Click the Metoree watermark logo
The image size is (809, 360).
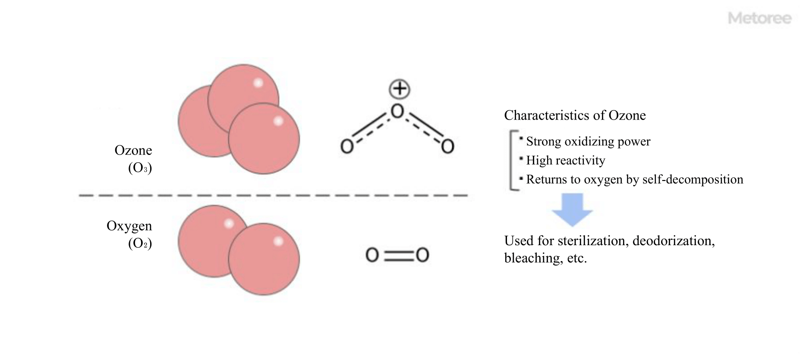tap(759, 18)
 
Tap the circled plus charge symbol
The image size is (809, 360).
tap(400, 89)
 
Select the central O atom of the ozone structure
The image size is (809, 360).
tap(397, 111)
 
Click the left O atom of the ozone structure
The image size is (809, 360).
tap(347, 146)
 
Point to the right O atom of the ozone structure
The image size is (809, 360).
tap(447, 146)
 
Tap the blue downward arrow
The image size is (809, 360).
tap(572, 210)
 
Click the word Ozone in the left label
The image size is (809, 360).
tap(133, 150)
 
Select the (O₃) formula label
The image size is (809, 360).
tap(140, 167)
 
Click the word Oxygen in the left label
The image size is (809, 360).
tap(129, 226)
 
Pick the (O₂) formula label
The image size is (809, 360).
tap(140, 243)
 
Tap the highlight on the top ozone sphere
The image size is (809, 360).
tap(258, 83)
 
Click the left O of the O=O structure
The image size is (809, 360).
tap(372, 255)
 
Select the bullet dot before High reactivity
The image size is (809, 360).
tap(521, 158)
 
